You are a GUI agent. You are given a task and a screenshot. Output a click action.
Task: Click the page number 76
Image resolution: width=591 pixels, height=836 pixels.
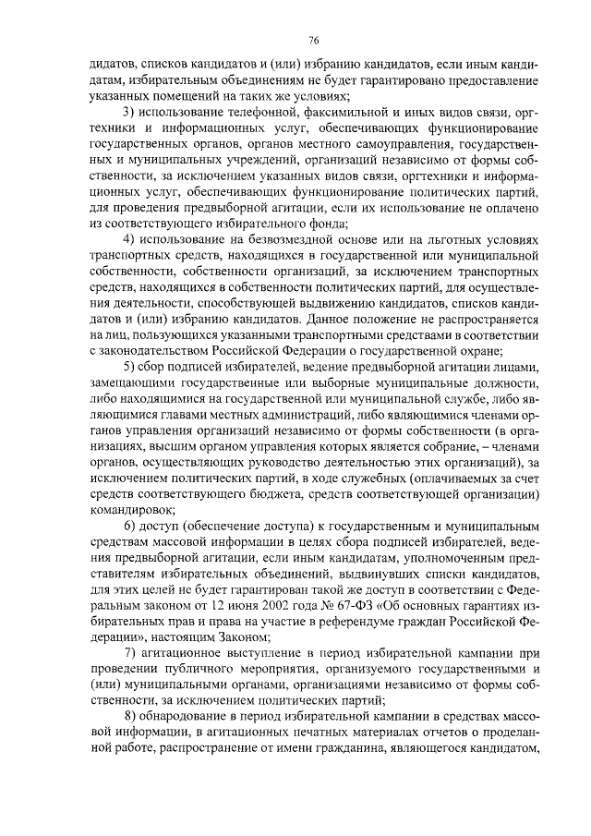coord(314,40)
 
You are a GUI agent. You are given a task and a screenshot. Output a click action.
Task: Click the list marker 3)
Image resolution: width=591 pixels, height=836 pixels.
coord(129,112)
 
